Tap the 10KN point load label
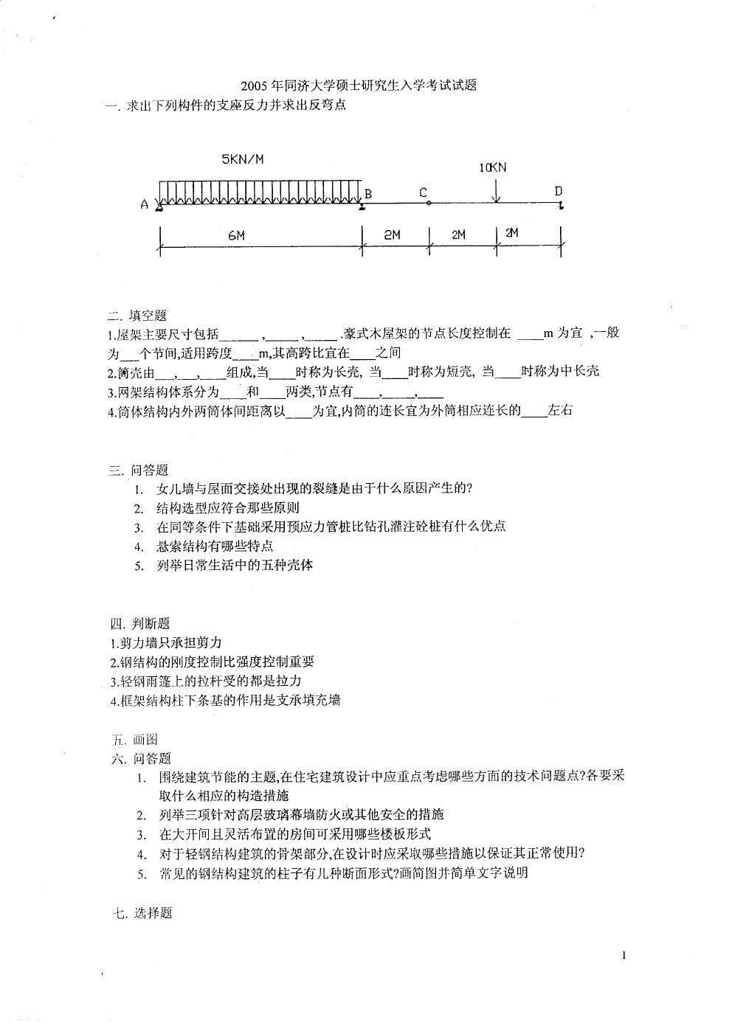pyautogui.click(x=493, y=167)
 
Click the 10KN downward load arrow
pyautogui.click(x=497, y=190)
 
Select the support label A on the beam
pyautogui.click(x=145, y=205)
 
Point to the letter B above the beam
pyautogui.click(x=367, y=194)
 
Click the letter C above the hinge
pyautogui.click(x=424, y=192)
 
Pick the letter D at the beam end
pyautogui.click(x=559, y=192)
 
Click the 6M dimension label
pyautogui.click(x=236, y=235)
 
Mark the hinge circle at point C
pyautogui.click(x=429, y=204)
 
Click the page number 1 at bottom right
pyautogui.click(x=624, y=957)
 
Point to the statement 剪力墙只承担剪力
pyautogui.click(x=165, y=643)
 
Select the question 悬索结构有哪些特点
pyautogui.click(x=215, y=547)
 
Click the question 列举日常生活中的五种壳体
pyautogui.click(x=235, y=566)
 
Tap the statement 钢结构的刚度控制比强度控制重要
pyautogui.click(x=212, y=662)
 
